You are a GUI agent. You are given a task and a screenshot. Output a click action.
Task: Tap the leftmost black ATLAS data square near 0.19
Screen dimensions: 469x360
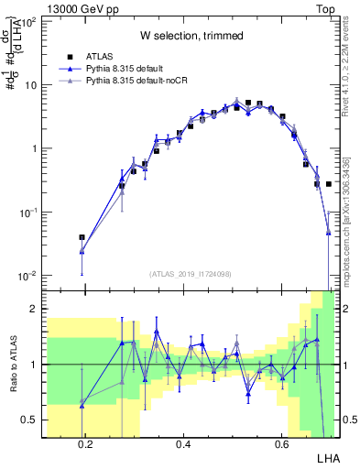tap(82, 237)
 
